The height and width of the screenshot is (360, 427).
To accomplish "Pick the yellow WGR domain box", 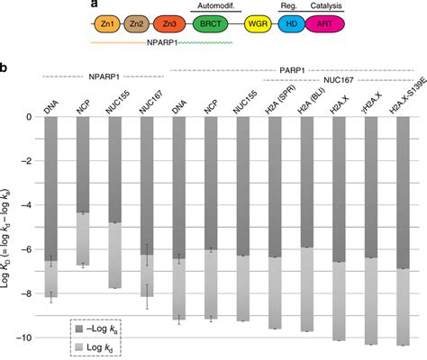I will click(261, 26).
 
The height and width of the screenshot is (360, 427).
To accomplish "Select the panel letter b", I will click(6, 67).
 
